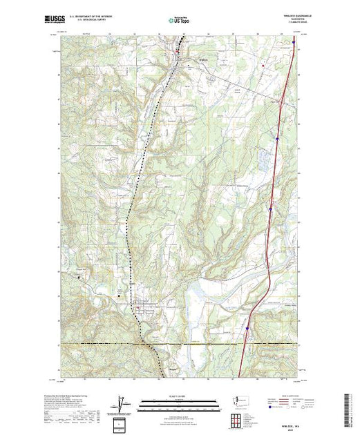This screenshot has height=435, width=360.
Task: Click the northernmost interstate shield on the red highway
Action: click(x=294, y=42)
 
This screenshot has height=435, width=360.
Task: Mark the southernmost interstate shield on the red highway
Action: click(x=246, y=330)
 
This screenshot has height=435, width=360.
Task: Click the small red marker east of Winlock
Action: click(x=263, y=66)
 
